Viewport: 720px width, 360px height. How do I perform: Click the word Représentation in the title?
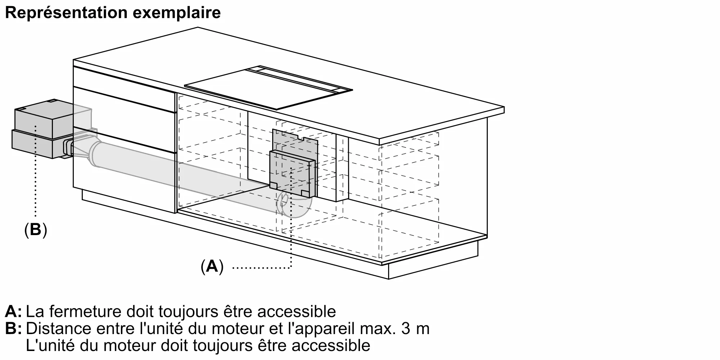point(66,13)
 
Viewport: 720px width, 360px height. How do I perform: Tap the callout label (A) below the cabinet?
point(212,267)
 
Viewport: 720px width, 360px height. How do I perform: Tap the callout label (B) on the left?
point(36,229)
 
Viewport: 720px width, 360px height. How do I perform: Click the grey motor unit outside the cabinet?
point(38,131)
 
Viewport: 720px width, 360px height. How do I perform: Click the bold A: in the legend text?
point(13,311)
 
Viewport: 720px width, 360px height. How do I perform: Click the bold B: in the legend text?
point(13,329)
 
